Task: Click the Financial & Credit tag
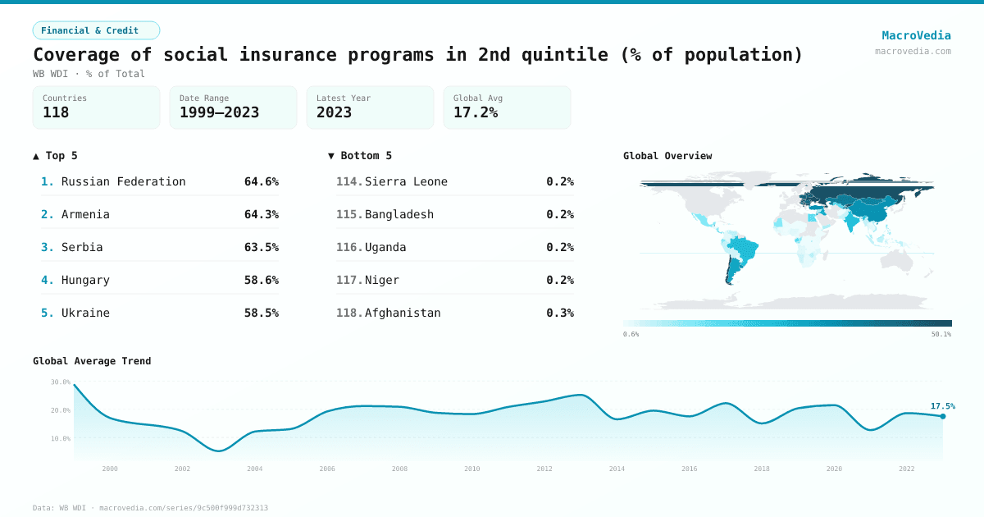point(96,30)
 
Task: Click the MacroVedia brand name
point(916,35)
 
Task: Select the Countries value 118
point(56,112)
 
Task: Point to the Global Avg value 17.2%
point(476,112)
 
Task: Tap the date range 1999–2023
point(219,112)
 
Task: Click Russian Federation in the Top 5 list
point(123,181)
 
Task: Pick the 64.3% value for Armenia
point(261,214)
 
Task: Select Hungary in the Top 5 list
point(85,280)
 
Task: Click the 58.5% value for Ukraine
point(261,313)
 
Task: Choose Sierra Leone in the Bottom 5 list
point(406,181)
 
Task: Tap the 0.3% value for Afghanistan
point(560,313)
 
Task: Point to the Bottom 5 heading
point(360,155)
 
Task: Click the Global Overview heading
point(667,155)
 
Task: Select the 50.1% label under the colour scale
point(941,334)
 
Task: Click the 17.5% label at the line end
point(942,405)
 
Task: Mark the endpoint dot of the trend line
point(942,416)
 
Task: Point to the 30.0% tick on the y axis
point(61,382)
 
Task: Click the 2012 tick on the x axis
point(544,469)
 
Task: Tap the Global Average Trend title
point(92,360)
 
